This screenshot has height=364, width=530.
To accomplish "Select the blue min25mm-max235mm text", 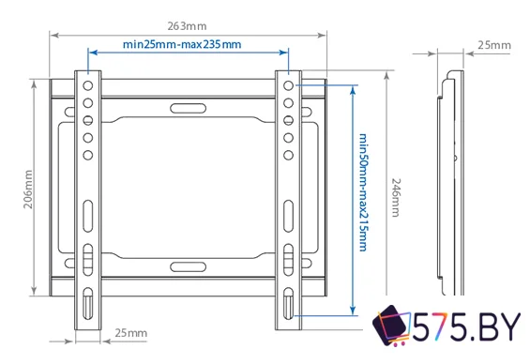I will (x=182, y=44).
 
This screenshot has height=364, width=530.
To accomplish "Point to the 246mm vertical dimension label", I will (x=396, y=198).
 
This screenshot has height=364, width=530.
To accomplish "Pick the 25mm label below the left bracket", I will (x=130, y=333).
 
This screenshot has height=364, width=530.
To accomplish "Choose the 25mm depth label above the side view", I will (x=493, y=44).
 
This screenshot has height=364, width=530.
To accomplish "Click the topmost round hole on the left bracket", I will (x=87, y=84).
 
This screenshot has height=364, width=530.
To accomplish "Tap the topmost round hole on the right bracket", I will (x=286, y=84).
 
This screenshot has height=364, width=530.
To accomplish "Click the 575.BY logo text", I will (x=469, y=328).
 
